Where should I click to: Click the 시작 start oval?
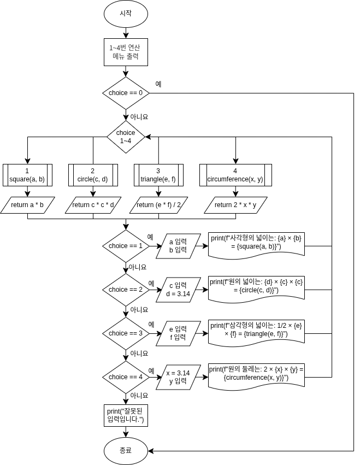[126, 14]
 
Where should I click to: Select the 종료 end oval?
[126, 451]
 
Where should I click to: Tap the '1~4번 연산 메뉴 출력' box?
[126, 52]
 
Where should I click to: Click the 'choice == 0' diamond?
[126, 93]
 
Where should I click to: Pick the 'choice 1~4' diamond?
[126, 137]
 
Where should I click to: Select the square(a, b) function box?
[27, 175]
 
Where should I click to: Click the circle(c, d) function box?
[93, 175]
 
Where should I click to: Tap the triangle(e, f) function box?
[158, 175]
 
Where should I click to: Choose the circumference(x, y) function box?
[235, 175]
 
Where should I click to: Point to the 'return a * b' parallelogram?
[27, 205]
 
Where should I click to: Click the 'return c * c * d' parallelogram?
[93, 205]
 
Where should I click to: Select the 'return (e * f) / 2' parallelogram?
[158, 205]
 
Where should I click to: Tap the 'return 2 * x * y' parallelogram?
[235, 205]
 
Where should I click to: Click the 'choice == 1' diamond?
[126, 246]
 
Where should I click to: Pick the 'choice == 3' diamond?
[126, 333]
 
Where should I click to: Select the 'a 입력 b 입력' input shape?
[178, 246]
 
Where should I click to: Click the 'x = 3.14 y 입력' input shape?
[178, 377]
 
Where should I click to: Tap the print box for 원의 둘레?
[256, 374]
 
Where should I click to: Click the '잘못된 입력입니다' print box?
[126, 415]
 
